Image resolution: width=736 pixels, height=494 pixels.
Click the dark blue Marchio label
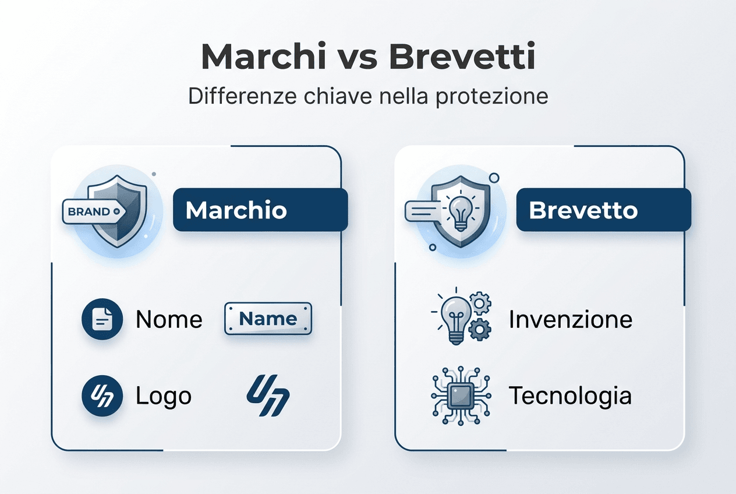[x=260, y=210]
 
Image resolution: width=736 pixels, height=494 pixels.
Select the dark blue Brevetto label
[x=603, y=210]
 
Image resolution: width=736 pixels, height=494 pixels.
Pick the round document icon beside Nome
[x=102, y=319]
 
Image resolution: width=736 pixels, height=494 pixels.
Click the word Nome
[x=169, y=319]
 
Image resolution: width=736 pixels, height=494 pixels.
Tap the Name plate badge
[x=268, y=319]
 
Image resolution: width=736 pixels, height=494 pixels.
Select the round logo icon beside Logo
[x=102, y=396]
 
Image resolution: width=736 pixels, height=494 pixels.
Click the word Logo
[x=163, y=396]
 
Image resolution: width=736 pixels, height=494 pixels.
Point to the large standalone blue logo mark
[x=268, y=396]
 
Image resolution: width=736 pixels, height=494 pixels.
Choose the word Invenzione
[x=570, y=319]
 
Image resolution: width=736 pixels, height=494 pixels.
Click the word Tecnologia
[x=570, y=396]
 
